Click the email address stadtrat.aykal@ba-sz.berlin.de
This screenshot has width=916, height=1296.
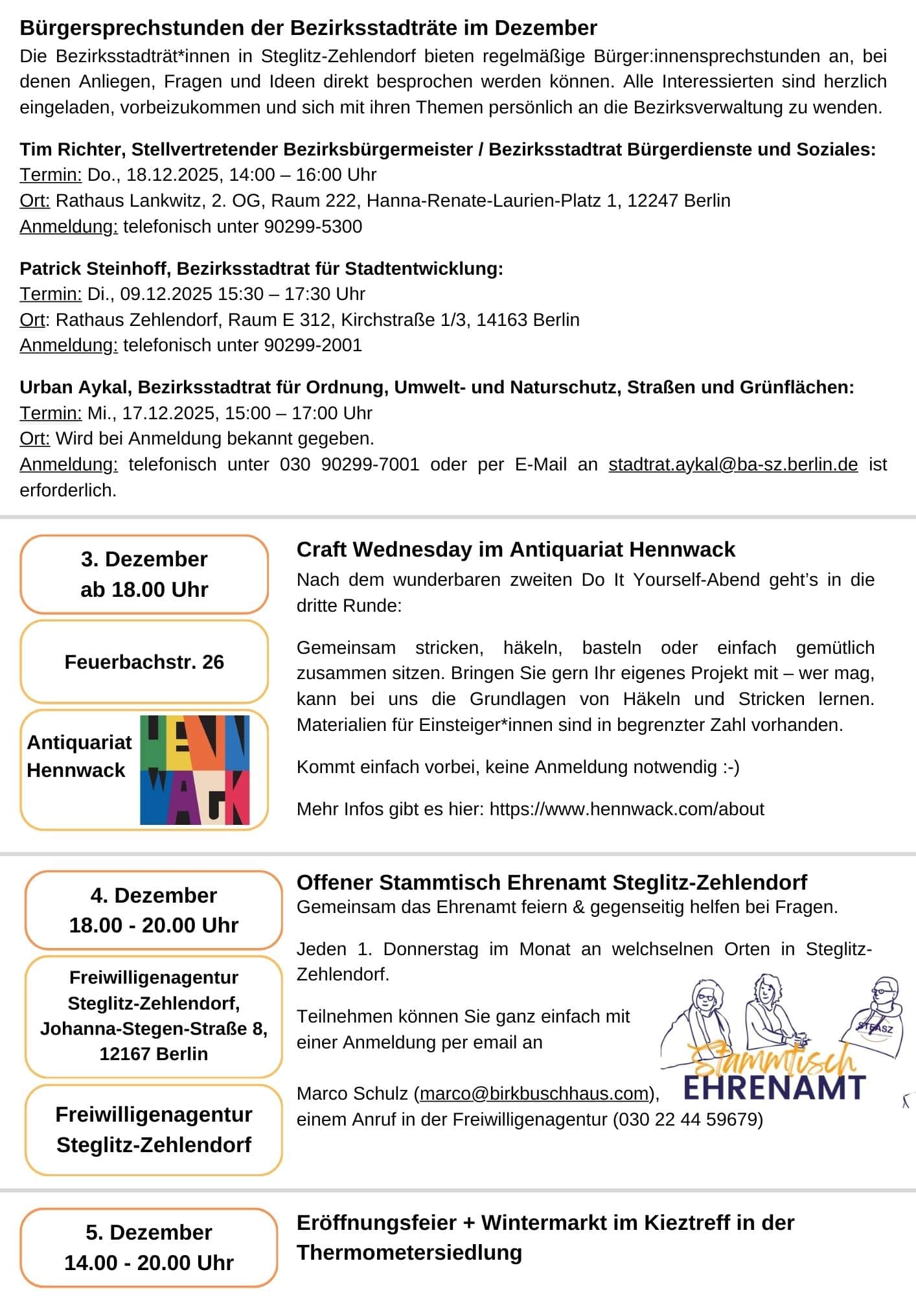(x=733, y=465)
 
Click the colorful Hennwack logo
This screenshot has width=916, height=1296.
(x=195, y=770)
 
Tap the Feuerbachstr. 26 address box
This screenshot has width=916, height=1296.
(x=144, y=662)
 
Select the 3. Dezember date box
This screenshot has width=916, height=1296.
(x=144, y=574)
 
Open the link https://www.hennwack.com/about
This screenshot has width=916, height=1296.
(x=626, y=809)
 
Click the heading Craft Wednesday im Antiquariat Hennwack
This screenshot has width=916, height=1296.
(x=516, y=550)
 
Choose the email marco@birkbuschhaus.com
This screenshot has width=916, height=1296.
(x=534, y=1094)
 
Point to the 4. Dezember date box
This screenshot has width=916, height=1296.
(x=154, y=910)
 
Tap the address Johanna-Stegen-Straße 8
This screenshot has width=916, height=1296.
(x=154, y=1029)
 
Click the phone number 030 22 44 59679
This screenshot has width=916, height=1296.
(x=687, y=1120)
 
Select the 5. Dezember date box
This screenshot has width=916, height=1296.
(x=148, y=1247)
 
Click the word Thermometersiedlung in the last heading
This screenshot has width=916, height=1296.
(x=409, y=1253)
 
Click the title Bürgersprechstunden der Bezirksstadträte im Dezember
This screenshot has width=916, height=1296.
(x=308, y=28)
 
